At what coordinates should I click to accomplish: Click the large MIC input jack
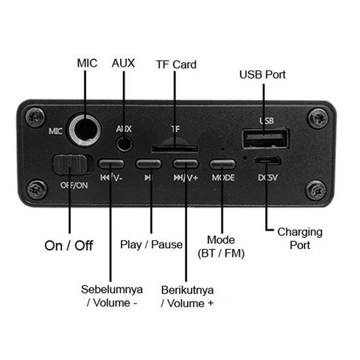coord(85,130)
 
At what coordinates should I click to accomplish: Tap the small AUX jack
coord(124,144)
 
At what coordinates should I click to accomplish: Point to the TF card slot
coord(174,149)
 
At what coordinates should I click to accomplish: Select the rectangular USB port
coord(265,139)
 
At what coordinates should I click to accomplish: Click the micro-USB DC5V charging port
coord(267,161)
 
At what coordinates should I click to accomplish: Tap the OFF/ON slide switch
coord(73,165)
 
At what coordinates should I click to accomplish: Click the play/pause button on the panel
coord(148,164)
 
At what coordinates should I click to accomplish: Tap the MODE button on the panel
coord(222,164)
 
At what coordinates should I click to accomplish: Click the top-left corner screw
coord(35,117)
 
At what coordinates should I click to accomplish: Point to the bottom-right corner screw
coord(316,190)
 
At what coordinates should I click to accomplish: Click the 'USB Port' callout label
coord(262,74)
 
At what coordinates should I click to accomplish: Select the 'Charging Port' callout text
coord(300,238)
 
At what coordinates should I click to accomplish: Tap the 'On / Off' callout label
coord(69,246)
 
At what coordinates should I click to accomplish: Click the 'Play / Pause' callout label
coord(152,245)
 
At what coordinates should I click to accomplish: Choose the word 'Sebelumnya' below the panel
coord(112,289)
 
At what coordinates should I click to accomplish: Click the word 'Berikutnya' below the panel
coord(188,290)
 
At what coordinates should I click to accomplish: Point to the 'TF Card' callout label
coord(176,65)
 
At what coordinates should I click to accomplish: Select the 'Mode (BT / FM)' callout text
coord(221,247)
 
